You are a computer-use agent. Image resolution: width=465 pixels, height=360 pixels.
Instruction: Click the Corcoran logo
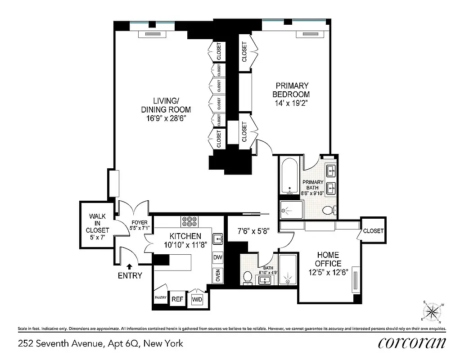(x=411, y=343)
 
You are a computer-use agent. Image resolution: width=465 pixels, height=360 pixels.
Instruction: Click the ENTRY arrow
(x=130, y=267)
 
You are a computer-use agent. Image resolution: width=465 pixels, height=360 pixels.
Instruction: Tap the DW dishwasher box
(x=218, y=257)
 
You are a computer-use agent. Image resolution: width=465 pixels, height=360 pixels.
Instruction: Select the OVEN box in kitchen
(x=218, y=275)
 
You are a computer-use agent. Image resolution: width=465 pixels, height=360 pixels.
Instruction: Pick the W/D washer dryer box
(x=197, y=298)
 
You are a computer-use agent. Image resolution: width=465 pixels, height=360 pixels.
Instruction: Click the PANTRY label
(x=161, y=297)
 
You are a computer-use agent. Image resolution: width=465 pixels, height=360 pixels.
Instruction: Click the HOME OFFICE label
(x=329, y=259)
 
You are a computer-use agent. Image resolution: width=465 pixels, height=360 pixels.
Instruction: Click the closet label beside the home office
(x=373, y=231)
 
